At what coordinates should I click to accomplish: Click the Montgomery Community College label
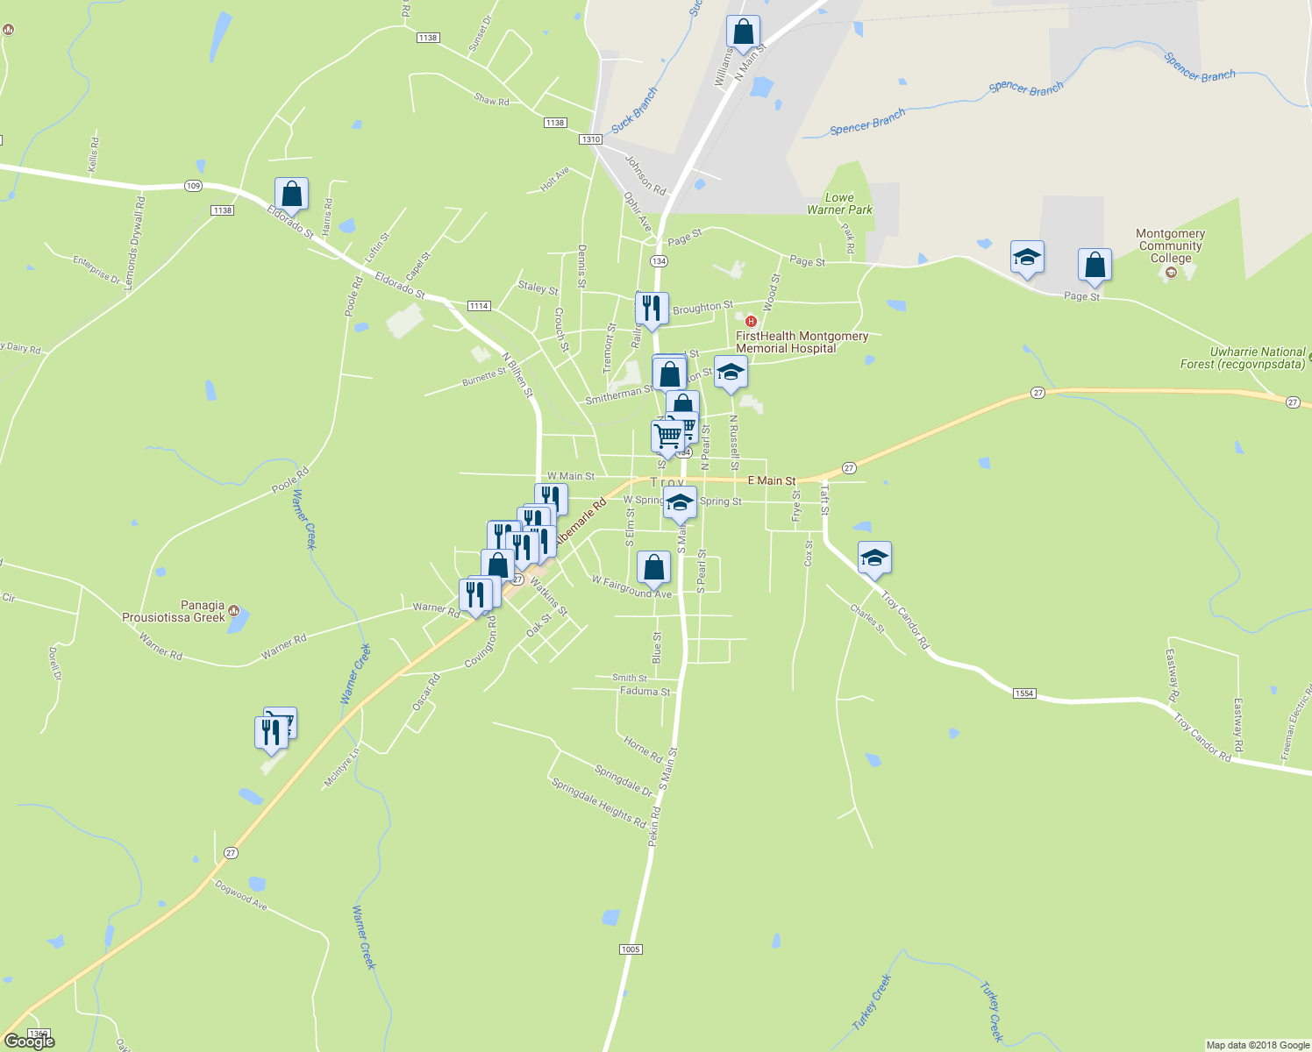[x=1170, y=246]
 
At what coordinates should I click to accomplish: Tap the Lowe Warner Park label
[x=839, y=204]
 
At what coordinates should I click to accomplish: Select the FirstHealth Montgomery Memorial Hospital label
[x=802, y=342]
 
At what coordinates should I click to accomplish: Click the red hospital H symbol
[x=751, y=322]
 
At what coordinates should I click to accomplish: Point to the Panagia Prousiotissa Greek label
[x=174, y=611]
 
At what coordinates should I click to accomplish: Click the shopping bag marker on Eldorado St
[x=291, y=195]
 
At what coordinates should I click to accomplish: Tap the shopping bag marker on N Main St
[x=743, y=32]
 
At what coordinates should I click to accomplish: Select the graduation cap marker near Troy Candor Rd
[x=874, y=558]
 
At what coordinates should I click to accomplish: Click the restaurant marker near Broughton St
[x=652, y=309]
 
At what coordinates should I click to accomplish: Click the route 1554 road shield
[x=1024, y=693]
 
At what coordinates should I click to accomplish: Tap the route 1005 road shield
[x=631, y=949]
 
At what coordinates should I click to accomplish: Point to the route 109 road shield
[x=194, y=186]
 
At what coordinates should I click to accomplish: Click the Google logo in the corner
[x=30, y=1041]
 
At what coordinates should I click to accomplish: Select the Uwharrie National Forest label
[x=1257, y=358]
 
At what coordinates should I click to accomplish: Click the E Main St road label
[x=772, y=480]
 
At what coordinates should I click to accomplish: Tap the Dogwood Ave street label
[x=240, y=894]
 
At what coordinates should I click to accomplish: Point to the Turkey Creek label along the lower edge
[x=872, y=1002]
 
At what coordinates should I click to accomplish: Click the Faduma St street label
[x=645, y=692]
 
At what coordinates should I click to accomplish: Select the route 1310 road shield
[x=590, y=139]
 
